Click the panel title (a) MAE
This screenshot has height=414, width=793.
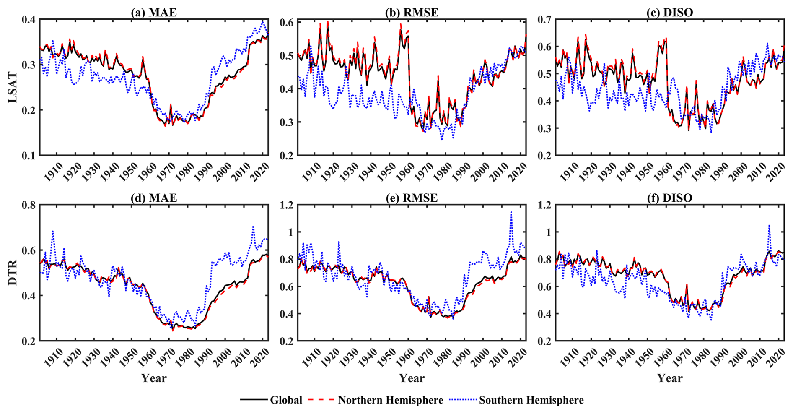tap(154, 13)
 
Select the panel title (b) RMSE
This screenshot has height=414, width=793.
tap(412, 13)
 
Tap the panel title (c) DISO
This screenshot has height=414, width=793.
tap(670, 13)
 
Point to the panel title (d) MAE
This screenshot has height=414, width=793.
tap(154, 198)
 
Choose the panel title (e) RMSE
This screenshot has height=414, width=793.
tap(412, 198)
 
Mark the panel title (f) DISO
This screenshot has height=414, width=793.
tap(670, 198)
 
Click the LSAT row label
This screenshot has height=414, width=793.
tap(13, 87)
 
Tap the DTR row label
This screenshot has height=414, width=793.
tap(13, 273)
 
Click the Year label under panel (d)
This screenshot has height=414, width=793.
tap(154, 378)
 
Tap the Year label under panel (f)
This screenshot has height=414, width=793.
tap(670, 378)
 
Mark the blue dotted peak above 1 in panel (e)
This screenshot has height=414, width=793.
tap(511, 212)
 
